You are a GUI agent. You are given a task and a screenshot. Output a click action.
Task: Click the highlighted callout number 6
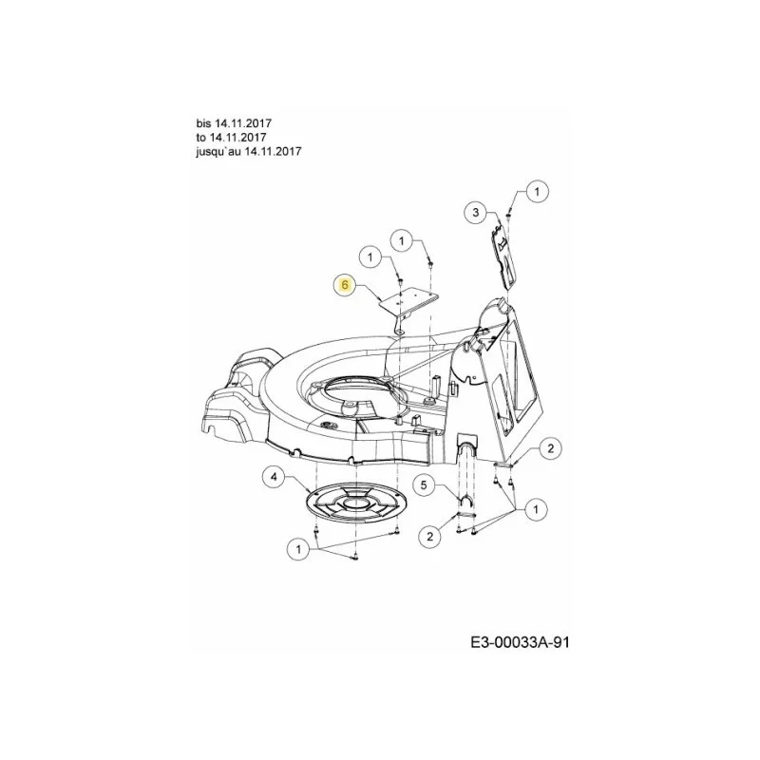[345, 284]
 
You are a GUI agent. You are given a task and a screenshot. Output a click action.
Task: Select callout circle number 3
[476, 212]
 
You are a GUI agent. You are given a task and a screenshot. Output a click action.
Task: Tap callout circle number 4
[275, 477]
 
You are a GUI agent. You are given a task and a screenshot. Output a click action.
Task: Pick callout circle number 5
[424, 484]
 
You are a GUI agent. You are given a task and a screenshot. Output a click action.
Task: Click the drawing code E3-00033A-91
[520, 643]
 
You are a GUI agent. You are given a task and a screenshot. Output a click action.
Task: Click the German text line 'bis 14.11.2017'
[234, 123]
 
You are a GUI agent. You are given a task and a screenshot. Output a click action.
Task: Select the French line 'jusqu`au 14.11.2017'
[249, 151]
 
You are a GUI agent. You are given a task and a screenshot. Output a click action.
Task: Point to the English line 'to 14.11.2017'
[231, 137]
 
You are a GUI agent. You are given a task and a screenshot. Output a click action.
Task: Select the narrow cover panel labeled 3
[504, 256]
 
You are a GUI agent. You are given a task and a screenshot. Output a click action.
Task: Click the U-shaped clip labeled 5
[466, 502]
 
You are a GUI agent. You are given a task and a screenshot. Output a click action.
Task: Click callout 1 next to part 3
[537, 192]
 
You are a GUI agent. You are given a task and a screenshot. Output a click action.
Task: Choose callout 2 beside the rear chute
[551, 448]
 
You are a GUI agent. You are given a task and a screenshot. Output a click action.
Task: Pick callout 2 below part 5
[430, 536]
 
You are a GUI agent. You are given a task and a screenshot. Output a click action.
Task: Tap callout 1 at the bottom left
[298, 549]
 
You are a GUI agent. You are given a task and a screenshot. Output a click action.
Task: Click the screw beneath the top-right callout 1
[508, 215]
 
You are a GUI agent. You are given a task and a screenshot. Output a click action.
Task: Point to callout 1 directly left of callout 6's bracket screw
[371, 256]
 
